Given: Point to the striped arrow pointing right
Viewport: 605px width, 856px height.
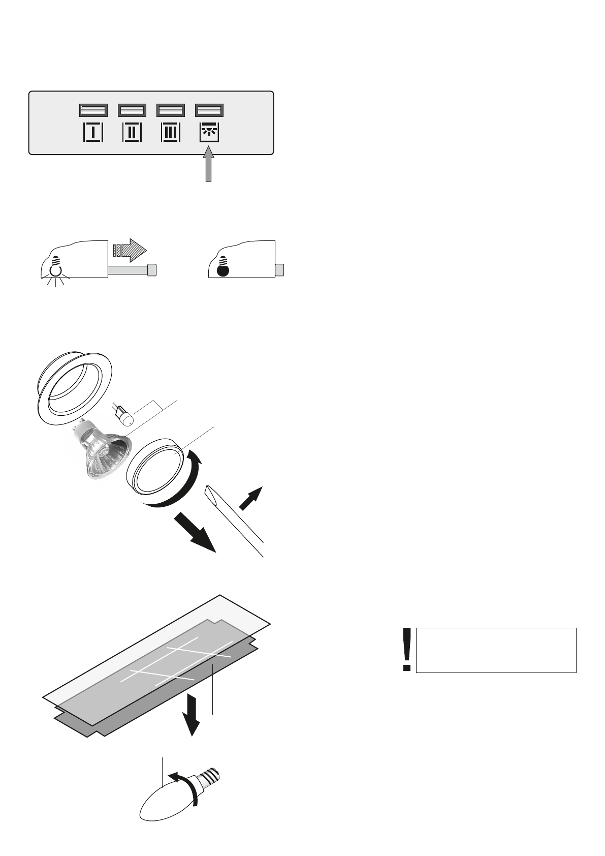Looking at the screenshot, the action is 130,250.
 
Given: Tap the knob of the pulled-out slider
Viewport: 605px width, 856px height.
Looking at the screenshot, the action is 151,269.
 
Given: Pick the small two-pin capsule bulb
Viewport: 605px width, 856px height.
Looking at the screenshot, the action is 123,415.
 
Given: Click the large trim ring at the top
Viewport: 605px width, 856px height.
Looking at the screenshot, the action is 75,384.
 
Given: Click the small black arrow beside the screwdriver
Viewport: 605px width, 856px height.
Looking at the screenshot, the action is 251,498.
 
